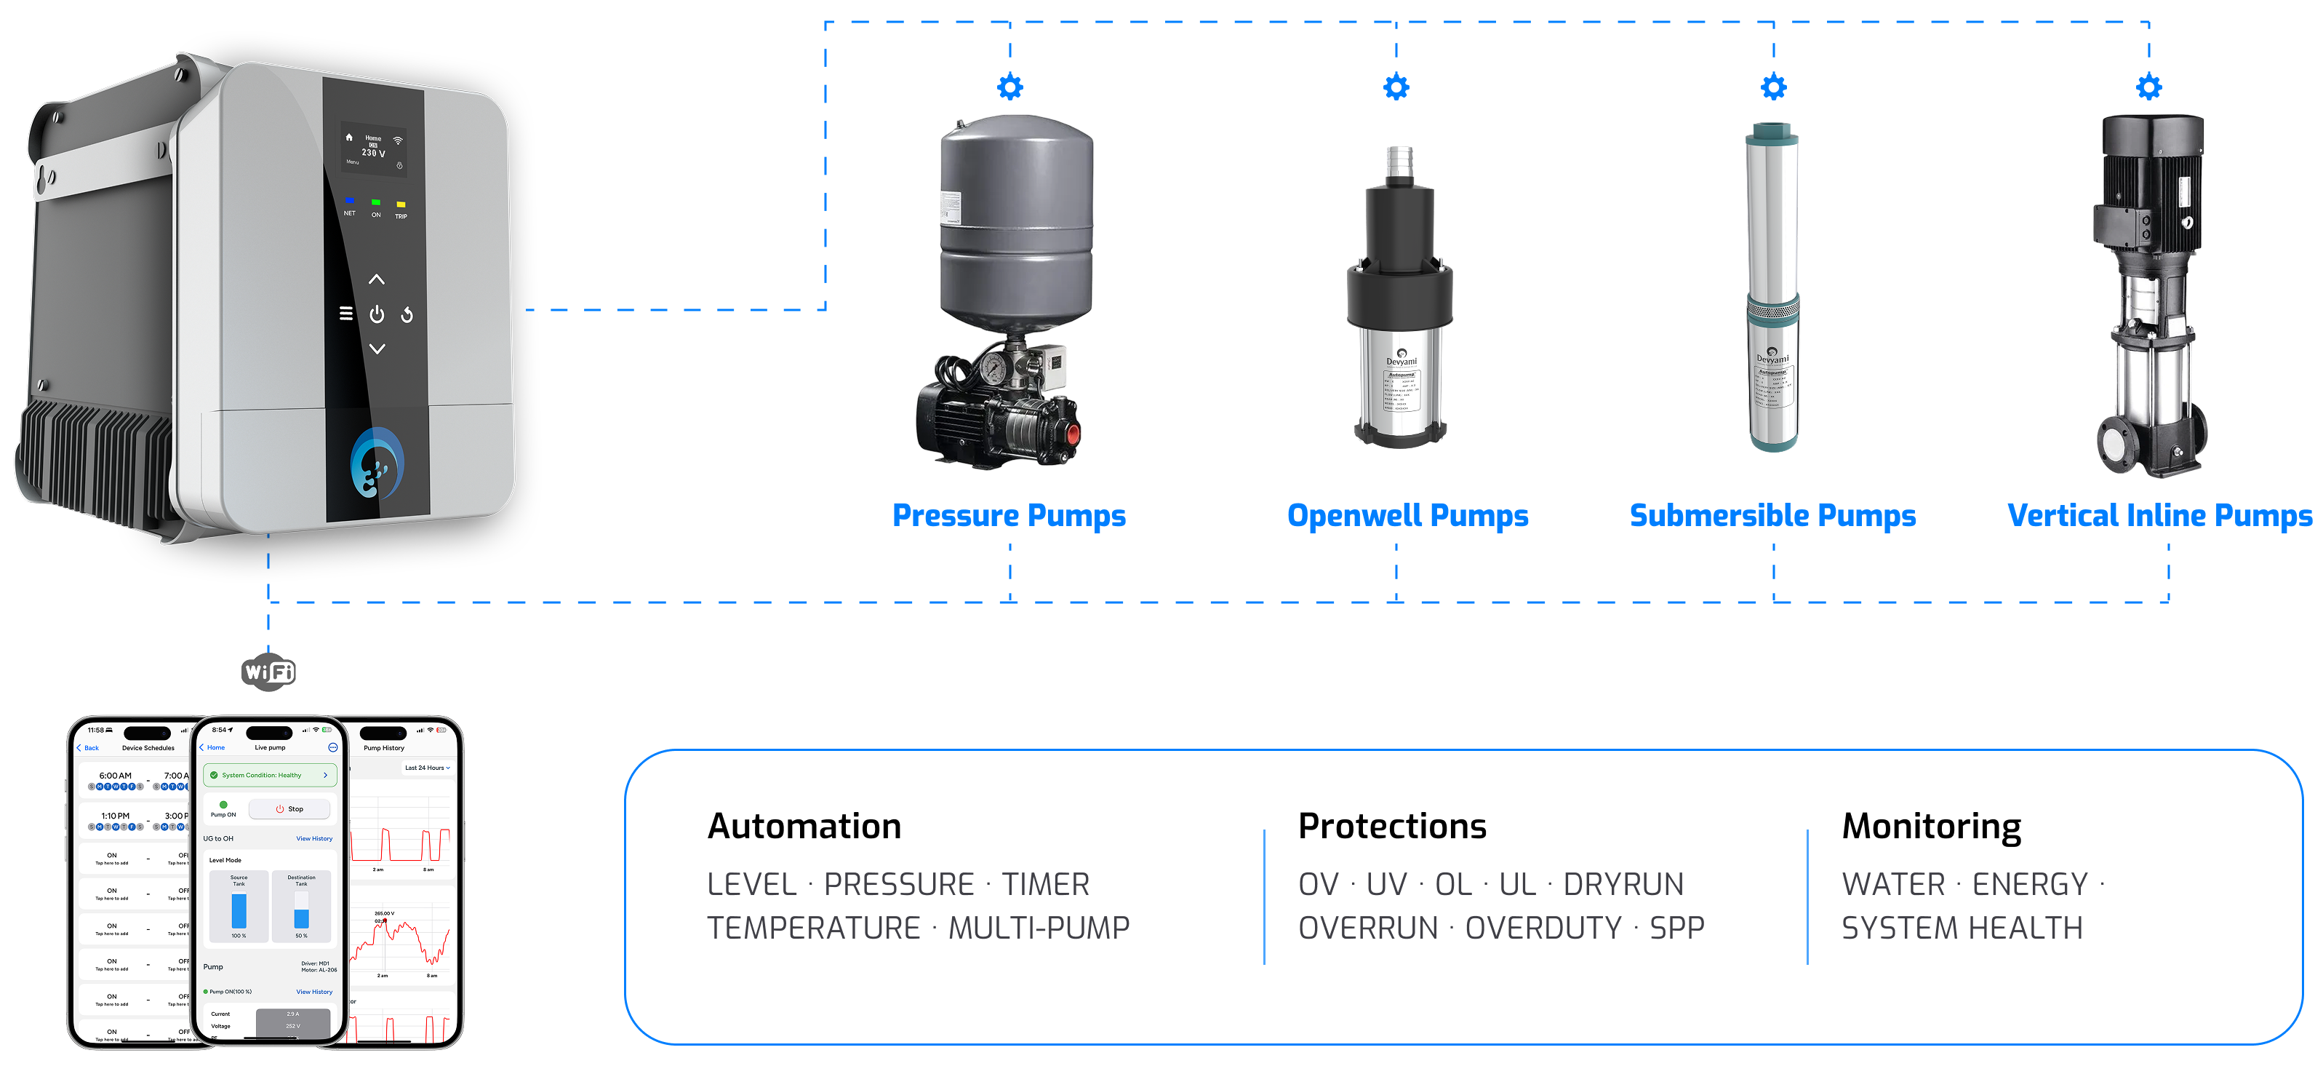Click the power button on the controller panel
click(377, 314)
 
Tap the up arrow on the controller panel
click(377, 279)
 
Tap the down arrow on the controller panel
click(377, 349)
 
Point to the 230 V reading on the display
click(373, 153)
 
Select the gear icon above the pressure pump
click(1010, 87)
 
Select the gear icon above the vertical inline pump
click(2148, 87)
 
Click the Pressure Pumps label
click(1008, 516)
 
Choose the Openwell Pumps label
click(1407, 516)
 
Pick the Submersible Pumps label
click(1772, 516)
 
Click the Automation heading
click(804, 826)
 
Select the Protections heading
click(1392, 826)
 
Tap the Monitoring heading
click(1931, 826)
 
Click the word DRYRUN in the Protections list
click(1623, 884)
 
